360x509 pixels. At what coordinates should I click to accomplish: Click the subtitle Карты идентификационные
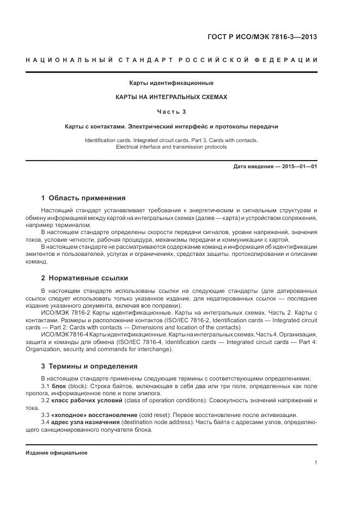(x=171, y=83)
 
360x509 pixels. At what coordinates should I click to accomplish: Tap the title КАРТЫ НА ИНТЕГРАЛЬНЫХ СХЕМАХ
(x=171, y=97)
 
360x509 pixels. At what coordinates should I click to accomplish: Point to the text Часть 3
(x=171, y=112)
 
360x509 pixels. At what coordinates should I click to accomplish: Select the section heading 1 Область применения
(x=83, y=198)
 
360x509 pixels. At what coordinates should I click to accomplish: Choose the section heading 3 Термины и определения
(x=89, y=366)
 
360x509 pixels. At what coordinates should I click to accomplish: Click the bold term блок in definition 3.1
(x=58, y=386)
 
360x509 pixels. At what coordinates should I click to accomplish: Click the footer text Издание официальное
(x=57, y=453)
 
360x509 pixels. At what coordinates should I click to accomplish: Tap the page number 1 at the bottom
(x=315, y=463)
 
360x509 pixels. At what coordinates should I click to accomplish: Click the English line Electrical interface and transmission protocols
(x=171, y=147)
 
